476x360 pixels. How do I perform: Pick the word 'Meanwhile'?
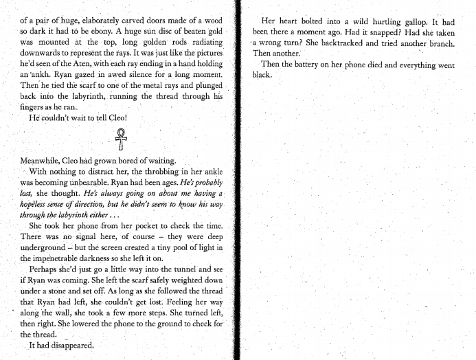click(x=43, y=160)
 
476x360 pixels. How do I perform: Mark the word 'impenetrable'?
click(x=63, y=258)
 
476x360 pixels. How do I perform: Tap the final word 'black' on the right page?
click(x=262, y=75)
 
